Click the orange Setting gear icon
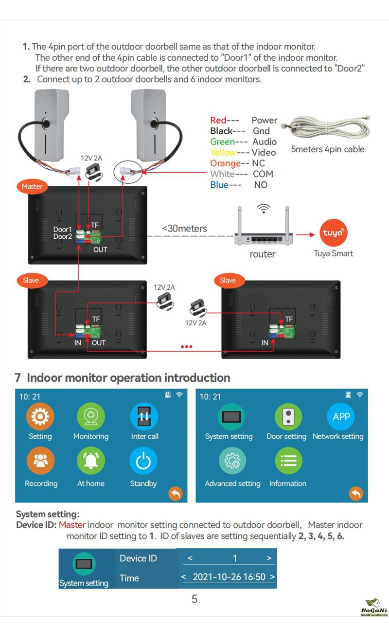point(40,417)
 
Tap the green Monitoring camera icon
point(91,417)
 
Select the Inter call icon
point(144,417)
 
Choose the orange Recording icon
point(41,461)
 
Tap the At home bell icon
point(91,461)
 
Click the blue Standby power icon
point(143,461)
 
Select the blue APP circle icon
point(341,417)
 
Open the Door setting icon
point(288,417)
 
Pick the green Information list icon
point(288,461)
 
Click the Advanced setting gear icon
point(232,461)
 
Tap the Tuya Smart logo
point(333,233)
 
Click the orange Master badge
point(32,186)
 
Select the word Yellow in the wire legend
point(223,153)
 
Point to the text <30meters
point(184,229)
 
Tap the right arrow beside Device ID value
point(269,558)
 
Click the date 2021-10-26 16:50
point(229,577)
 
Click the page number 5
point(194,599)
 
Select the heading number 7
point(18,378)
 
